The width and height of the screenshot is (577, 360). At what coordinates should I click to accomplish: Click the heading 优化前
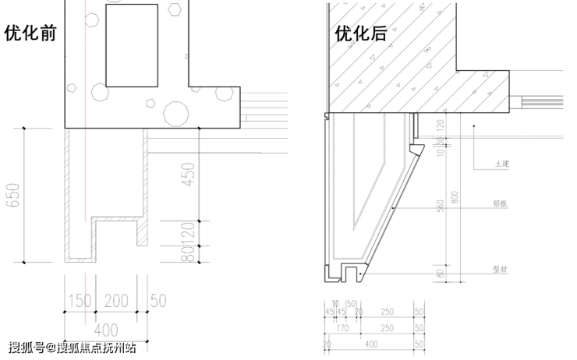click(30, 34)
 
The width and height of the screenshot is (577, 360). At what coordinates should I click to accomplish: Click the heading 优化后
click(360, 34)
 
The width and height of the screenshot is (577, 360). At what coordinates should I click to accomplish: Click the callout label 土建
click(501, 165)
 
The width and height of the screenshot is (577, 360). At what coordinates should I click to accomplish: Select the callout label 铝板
click(501, 203)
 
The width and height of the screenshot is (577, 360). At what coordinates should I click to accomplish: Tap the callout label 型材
click(501, 269)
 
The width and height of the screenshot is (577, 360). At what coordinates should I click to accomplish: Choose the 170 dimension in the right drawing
click(343, 328)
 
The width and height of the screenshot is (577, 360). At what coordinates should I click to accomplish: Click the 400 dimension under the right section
click(372, 343)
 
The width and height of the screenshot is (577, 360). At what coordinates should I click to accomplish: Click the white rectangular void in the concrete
click(132, 45)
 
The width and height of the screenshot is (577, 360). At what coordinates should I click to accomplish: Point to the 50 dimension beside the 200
click(159, 300)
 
